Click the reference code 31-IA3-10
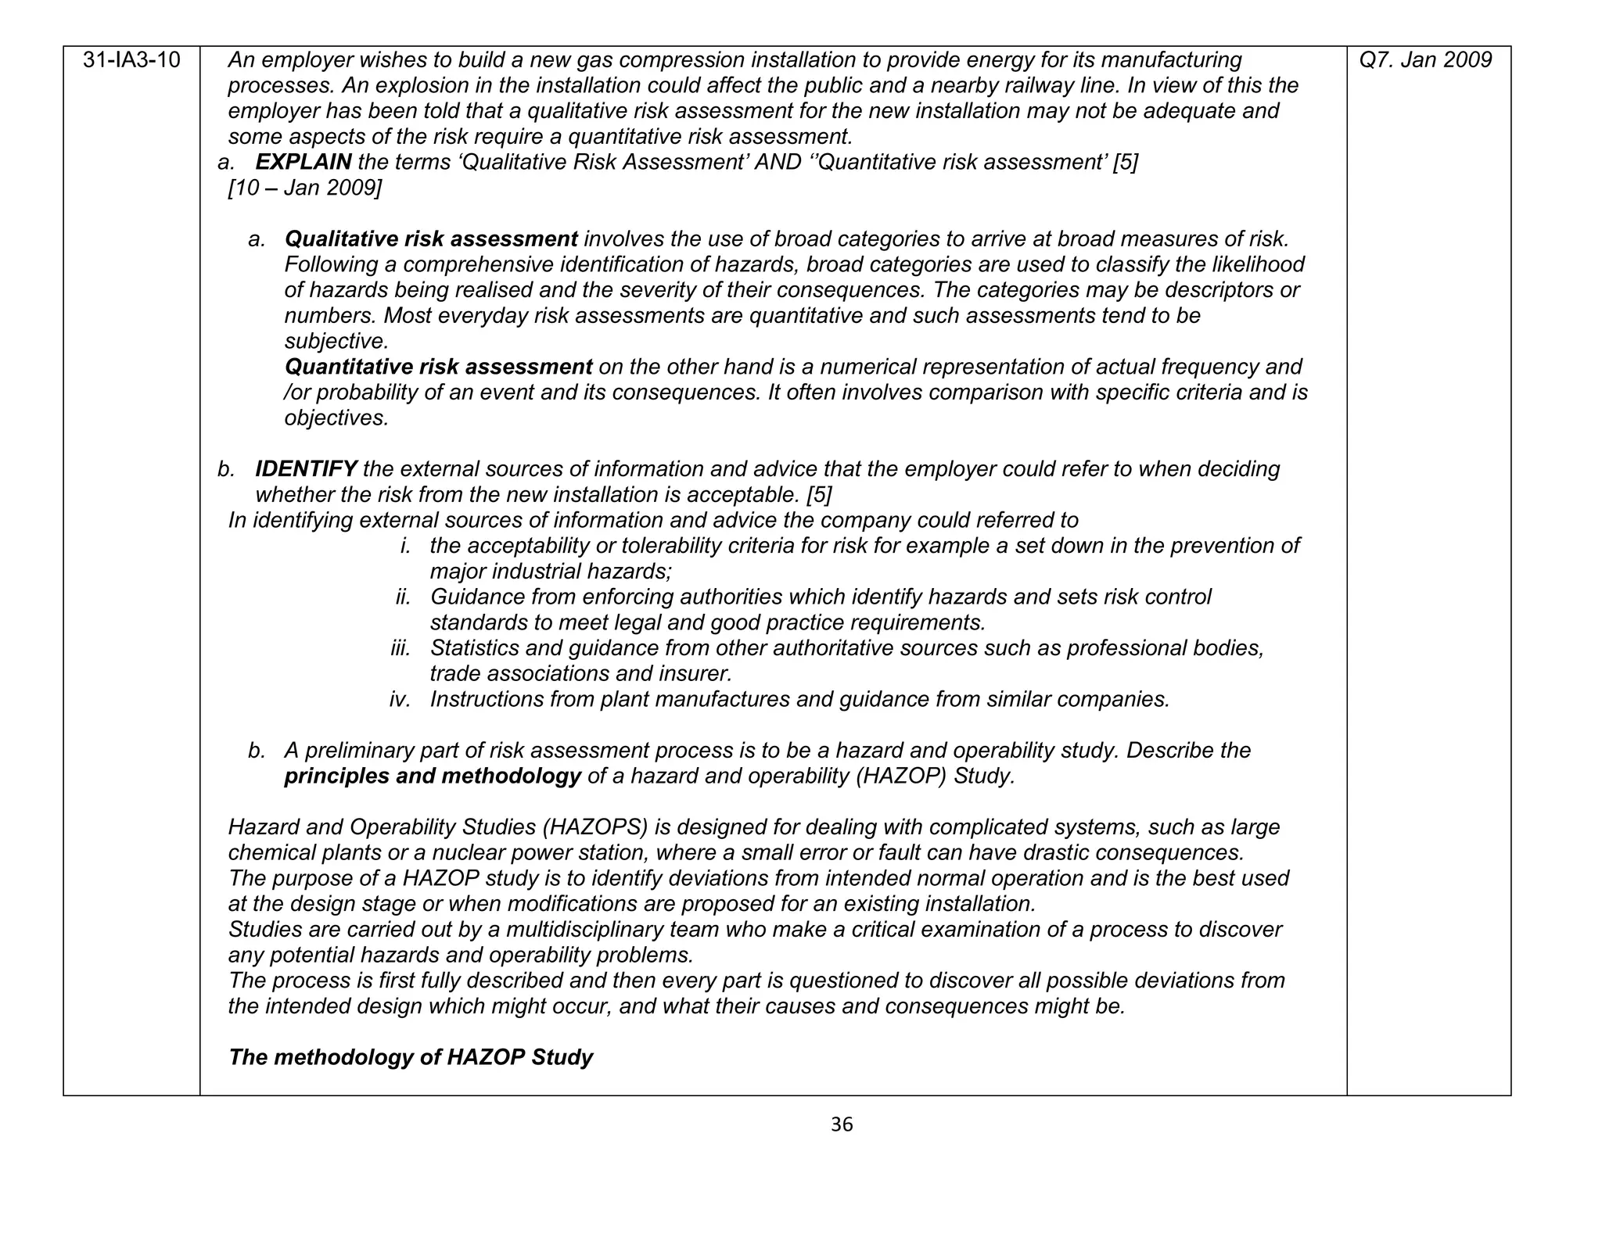131,60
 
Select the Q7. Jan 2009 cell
1425,60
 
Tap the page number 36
841,1124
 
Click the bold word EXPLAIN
304,163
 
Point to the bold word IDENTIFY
306,469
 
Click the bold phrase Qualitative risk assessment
431,239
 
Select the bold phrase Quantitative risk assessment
438,367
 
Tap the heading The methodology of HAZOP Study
411,1057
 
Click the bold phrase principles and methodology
433,776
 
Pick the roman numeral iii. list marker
400,648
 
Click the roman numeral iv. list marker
400,699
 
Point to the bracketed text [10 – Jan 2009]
305,188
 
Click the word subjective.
336,342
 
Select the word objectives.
336,418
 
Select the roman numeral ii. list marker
403,597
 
